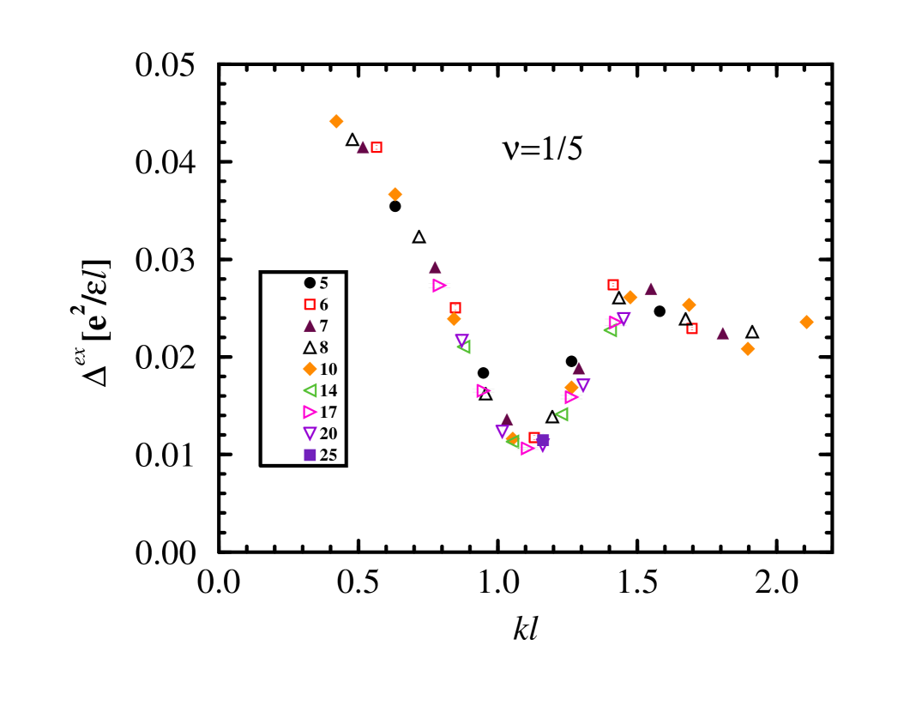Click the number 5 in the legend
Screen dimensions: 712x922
[x=324, y=283]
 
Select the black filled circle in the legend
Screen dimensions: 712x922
[x=310, y=282]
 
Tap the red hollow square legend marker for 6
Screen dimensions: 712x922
[x=310, y=304]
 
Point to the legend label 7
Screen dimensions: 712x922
[x=324, y=326]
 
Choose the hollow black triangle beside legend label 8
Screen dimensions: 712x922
[x=310, y=347]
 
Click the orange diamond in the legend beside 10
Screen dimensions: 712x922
[x=310, y=369]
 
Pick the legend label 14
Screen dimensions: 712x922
[x=328, y=390]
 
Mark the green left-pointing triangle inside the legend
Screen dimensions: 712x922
[x=310, y=390]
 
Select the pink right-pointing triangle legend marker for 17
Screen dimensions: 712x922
[x=310, y=412]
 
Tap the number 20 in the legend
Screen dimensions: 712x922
[x=328, y=433]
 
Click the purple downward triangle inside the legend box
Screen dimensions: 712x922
[x=310, y=433]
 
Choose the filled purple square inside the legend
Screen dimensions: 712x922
[x=310, y=455]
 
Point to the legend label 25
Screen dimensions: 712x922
[x=328, y=455]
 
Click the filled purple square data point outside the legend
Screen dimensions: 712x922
[x=544, y=439]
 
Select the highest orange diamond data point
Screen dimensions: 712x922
[x=336, y=121]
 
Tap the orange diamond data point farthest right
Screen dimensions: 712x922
[x=806, y=322]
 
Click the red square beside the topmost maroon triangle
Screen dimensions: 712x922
[x=377, y=148]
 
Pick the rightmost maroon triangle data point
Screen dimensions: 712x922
[x=722, y=333]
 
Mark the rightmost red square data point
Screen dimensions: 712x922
[x=692, y=329]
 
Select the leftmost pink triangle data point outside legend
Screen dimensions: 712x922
[x=438, y=285]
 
